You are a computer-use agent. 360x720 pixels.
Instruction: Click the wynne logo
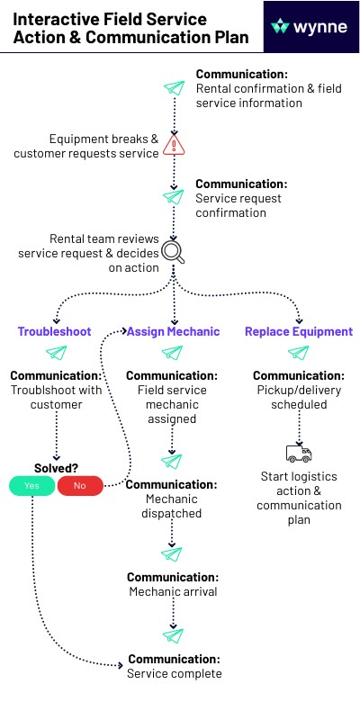tap(309, 27)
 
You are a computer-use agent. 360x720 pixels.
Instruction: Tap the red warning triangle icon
tap(174, 145)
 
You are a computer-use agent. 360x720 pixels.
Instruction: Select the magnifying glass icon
tap(174, 252)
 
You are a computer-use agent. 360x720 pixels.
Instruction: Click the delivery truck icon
tap(299, 454)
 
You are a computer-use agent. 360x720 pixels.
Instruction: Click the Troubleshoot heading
tap(55, 331)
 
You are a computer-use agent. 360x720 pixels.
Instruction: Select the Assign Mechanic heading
tap(173, 331)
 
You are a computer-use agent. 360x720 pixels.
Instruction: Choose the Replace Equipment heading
tap(299, 331)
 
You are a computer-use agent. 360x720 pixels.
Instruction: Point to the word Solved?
tap(56, 468)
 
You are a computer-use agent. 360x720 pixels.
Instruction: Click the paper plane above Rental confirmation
tap(174, 87)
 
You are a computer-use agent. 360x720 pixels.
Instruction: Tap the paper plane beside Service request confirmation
tap(174, 197)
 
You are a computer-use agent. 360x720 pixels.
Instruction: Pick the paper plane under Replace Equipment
tap(299, 353)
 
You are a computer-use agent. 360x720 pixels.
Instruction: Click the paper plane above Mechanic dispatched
tap(172, 462)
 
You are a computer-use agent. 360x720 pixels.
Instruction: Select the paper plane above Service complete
tap(173, 636)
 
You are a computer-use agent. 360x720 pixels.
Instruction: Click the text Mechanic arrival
tap(173, 591)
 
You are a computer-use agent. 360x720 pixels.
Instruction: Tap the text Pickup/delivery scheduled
tap(299, 397)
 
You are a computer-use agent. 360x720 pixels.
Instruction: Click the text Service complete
tap(175, 673)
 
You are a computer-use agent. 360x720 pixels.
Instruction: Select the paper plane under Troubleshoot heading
tap(57, 353)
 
